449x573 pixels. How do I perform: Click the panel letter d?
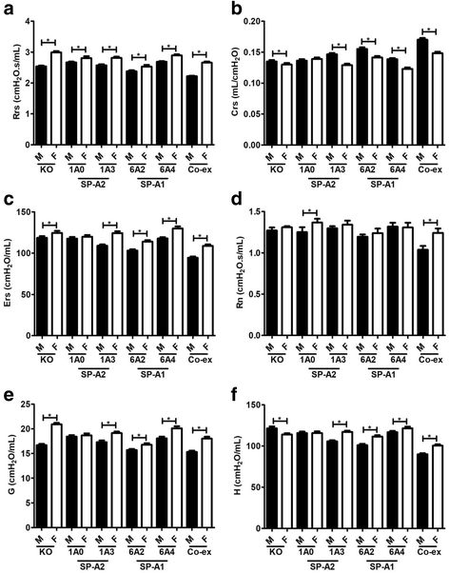click(x=235, y=198)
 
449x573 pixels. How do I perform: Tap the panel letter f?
click(x=235, y=389)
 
